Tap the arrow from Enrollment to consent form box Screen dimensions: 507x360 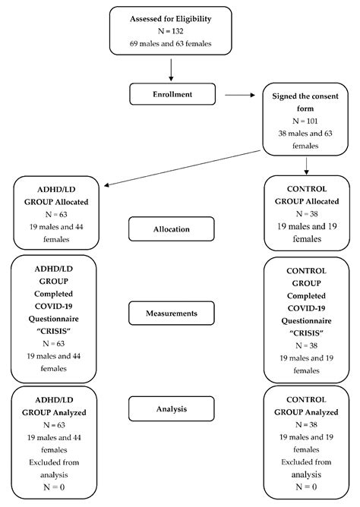click(x=241, y=96)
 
